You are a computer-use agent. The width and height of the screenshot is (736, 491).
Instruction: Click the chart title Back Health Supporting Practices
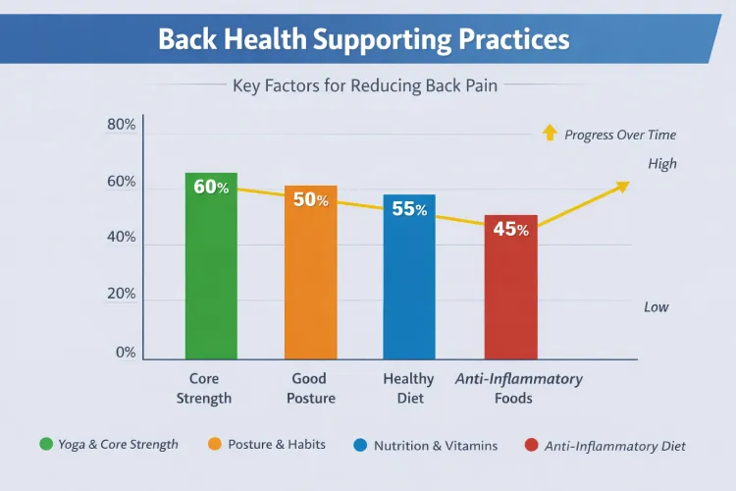[x=364, y=40]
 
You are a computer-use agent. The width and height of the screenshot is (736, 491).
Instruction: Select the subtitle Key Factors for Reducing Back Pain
[x=364, y=85]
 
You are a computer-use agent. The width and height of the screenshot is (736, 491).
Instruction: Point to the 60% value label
[x=211, y=187]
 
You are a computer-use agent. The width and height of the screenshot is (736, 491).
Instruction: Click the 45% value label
[x=510, y=230]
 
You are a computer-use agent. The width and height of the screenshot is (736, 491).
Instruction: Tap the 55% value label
[x=409, y=208]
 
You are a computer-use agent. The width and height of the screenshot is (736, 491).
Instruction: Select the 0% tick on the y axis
[x=125, y=353]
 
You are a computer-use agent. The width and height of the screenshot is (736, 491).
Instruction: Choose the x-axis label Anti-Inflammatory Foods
[x=519, y=388]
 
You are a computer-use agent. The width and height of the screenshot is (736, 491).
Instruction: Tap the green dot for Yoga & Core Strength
[x=45, y=444]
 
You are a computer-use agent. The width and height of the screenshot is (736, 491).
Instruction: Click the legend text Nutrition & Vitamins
[x=435, y=445]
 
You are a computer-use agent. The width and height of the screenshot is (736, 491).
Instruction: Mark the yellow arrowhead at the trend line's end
[x=621, y=187]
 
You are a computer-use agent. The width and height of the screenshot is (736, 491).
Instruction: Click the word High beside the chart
[x=662, y=164]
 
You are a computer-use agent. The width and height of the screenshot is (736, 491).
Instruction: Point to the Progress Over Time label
[x=620, y=135]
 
